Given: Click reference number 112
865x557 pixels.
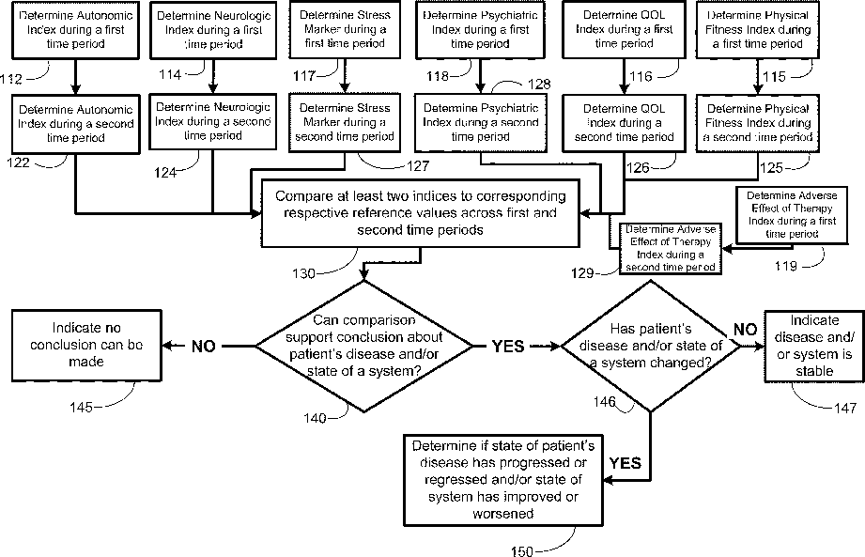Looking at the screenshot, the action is tap(11, 79).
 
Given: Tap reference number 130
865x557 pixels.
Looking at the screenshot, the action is tap(303, 273).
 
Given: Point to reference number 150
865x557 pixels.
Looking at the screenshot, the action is tap(522, 551).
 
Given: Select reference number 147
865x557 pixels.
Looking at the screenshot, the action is tap(844, 408).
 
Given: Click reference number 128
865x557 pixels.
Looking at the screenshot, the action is tap(539, 84).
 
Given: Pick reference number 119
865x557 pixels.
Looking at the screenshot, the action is tap(785, 266).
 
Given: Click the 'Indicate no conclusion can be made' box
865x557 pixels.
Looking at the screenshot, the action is tap(86, 346).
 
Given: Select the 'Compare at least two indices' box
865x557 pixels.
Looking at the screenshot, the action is tap(421, 213).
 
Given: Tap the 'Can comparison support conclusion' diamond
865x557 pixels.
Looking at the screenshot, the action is tap(364, 347).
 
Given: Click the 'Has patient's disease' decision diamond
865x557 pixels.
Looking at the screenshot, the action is tap(651, 347).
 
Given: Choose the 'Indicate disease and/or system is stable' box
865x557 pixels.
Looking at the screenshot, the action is tap(814, 347).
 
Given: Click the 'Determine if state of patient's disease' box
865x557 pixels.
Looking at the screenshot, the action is tap(503, 480).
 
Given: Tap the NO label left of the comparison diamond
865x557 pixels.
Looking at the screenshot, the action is tap(203, 347).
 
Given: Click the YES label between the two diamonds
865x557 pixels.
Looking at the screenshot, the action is tap(507, 347).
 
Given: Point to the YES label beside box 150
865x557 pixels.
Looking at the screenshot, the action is tap(625, 463).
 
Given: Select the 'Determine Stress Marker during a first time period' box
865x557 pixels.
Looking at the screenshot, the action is tap(345, 29).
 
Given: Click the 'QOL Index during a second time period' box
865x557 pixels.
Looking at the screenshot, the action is tap(624, 123).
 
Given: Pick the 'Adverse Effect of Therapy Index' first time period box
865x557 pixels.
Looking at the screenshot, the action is tap(792, 215).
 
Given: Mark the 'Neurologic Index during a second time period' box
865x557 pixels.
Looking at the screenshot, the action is tap(213, 121).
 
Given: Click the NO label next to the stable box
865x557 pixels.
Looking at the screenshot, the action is tap(745, 330).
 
